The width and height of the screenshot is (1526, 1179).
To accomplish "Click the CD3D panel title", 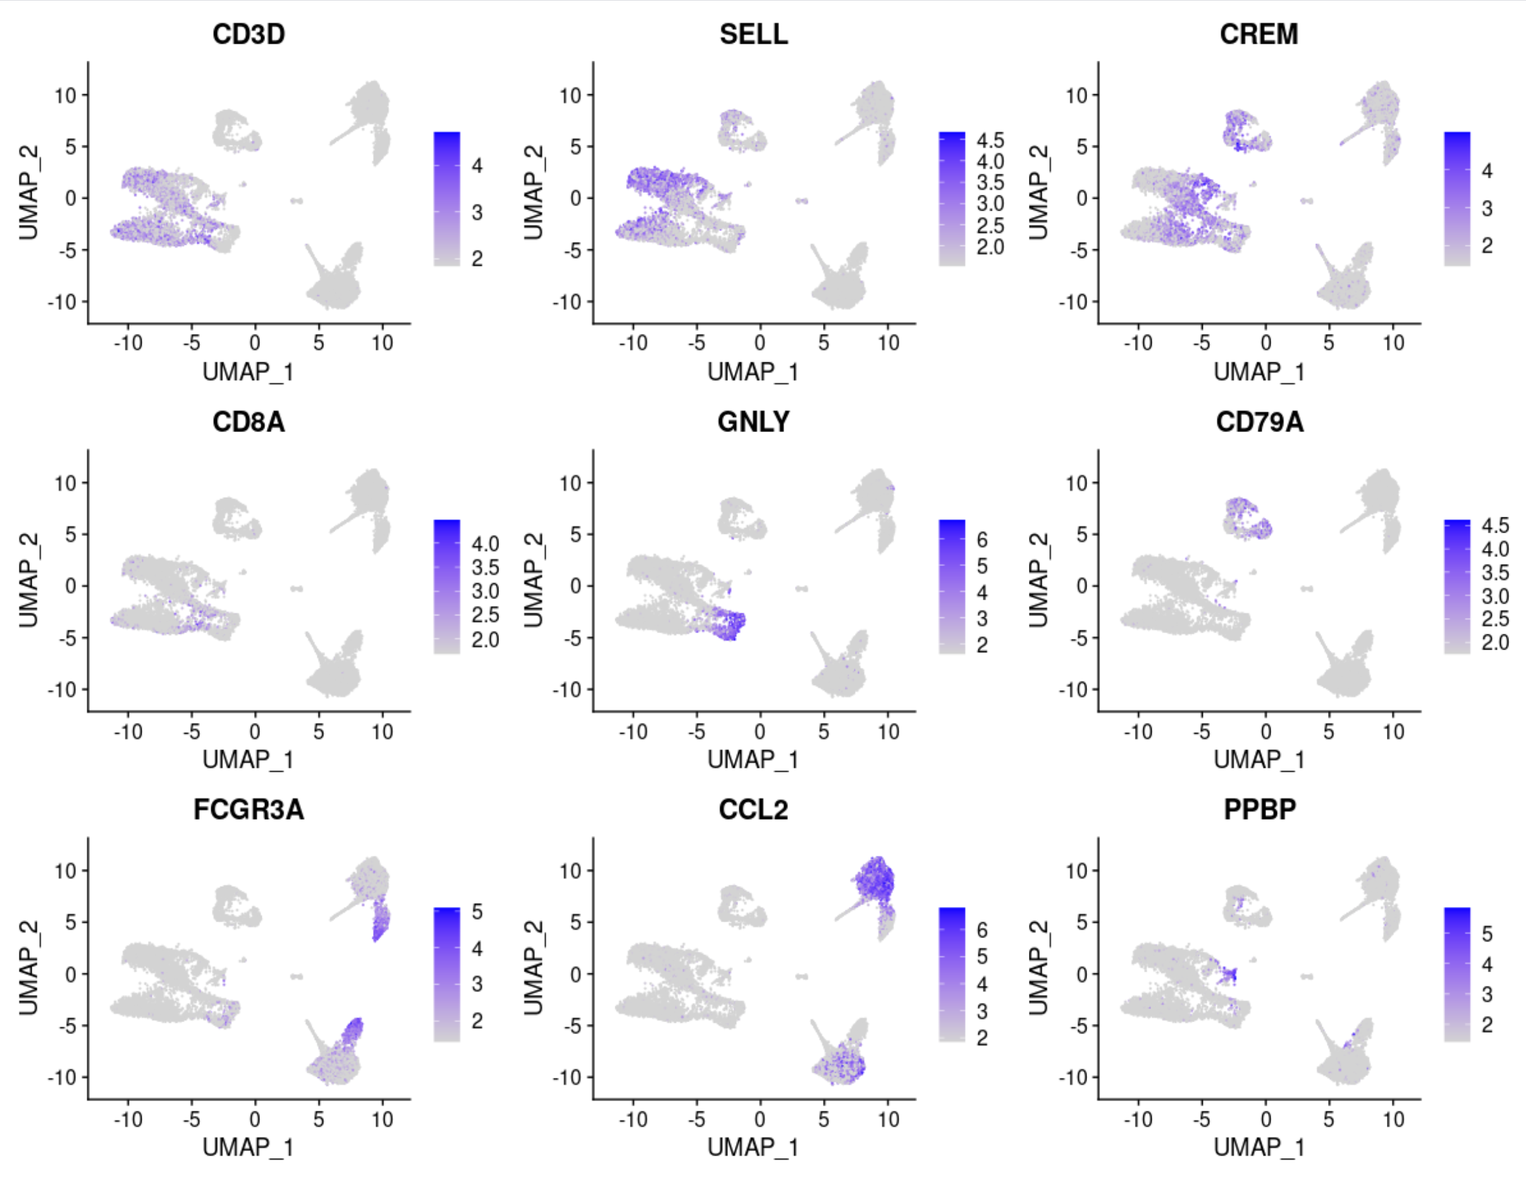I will [249, 34].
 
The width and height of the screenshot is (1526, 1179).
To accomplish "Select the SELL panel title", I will [753, 34].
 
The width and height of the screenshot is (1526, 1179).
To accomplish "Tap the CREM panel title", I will [1259, 34].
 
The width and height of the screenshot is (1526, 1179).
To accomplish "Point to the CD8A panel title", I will [249, 422].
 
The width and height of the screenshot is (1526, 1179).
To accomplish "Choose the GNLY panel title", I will [753, 422].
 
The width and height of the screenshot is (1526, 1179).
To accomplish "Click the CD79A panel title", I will [1259, 422].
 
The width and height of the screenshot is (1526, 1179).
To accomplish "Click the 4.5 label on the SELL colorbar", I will [990, 140].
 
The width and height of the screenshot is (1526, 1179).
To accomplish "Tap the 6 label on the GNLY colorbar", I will [981, 540].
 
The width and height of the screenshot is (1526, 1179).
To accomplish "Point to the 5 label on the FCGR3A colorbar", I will [477, 911].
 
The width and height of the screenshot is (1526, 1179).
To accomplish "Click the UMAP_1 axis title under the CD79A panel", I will [1259, 760].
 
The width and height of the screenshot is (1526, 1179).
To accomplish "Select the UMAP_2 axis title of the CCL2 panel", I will [533, 967].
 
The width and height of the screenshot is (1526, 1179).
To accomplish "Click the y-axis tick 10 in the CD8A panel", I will [66, 483].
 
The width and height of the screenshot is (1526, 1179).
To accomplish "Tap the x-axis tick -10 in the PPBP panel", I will [1138, 1120].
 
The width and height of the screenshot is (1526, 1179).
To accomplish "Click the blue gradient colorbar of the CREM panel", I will [1457, 199].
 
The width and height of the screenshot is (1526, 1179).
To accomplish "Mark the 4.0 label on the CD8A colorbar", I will [485, 545].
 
